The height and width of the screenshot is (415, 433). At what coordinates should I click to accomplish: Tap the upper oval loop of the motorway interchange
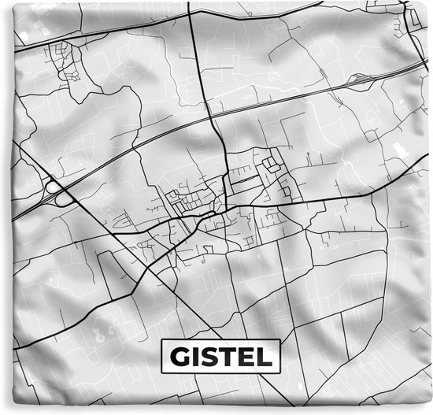coord(53,187)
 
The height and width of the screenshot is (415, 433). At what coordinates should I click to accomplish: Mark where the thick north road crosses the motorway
coord(212,120)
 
